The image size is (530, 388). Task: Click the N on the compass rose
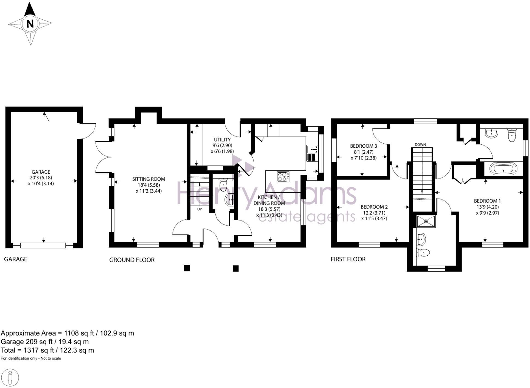tap(30, 24)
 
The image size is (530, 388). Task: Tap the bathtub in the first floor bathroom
tap(503, 169)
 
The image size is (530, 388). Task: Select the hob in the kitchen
tap(283, 176)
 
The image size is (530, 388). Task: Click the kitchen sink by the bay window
tap(312, 149)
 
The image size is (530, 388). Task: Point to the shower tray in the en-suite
tap(426, 221)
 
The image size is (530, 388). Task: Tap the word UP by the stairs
tap(200, 209)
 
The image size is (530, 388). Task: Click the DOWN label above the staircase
tap(420, 144)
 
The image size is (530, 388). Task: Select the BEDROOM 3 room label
tap(364, 146)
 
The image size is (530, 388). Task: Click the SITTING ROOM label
tap(149, 179)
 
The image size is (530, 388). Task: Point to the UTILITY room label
tap(222, 139)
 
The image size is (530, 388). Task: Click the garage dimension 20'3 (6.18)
tap(41, 178)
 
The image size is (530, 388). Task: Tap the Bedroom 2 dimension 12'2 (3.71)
tap(374, 213)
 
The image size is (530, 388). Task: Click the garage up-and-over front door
tap(43, 246)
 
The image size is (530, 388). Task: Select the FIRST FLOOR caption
tap(348, 259)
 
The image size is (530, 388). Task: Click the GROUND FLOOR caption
tap(132, 260)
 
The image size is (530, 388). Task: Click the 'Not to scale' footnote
tap(51, 358)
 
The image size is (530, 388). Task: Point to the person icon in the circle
tap(10, 378)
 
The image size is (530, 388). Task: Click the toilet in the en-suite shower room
tap(423, 253)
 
